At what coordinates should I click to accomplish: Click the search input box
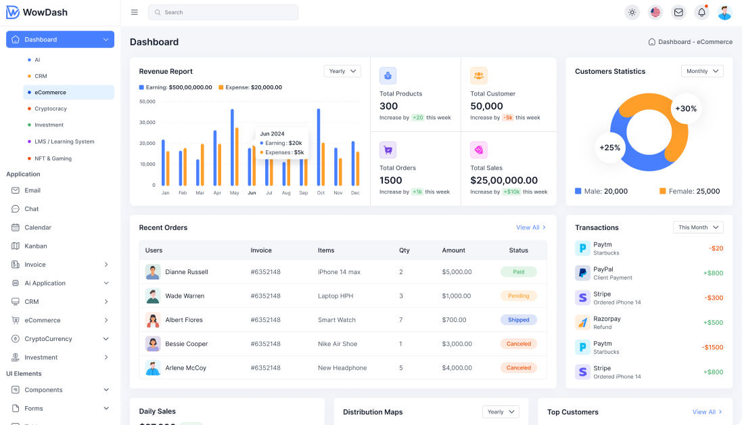[223, 12]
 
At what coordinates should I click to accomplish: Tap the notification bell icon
[701, 12]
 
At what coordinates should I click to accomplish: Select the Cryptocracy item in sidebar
[51, 108]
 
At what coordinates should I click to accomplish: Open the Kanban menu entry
[36, 246]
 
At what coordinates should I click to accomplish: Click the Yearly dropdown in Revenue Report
[342, 71]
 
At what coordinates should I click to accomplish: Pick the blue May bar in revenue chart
[232, 147]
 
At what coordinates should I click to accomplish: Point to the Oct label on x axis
[321, 193]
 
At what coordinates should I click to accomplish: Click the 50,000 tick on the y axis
[147, 102]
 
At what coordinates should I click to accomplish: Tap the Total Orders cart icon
[388, 150]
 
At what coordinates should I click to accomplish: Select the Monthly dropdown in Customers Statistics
[702, 71]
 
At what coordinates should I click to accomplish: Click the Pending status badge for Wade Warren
[519, 296]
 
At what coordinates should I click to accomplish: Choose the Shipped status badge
[519, 319]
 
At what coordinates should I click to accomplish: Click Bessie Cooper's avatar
[153, 344]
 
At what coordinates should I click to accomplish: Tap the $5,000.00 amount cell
[457, 271]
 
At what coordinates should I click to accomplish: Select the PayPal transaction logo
[582, 273]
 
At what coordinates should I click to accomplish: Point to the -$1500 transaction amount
[712, 347]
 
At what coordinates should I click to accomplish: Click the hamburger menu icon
[135, 12]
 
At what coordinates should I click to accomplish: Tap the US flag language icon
[655, 12]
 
